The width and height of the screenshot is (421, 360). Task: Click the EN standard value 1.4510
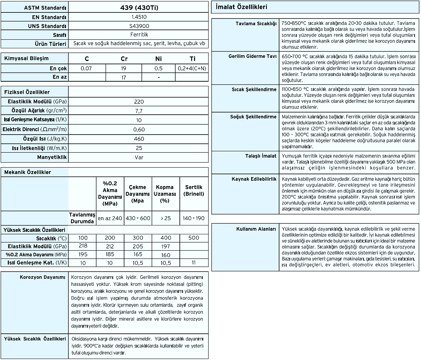tap(139, 17)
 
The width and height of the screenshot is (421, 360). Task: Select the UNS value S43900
tap(139, 26)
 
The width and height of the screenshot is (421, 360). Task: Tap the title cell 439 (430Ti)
tap(139, 7)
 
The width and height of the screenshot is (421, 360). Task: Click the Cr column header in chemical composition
tap(124, 59)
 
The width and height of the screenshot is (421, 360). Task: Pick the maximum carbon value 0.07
tap(86, 68)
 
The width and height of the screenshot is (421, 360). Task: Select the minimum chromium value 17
tap(124, 77)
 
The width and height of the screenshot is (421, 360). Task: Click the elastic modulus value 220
tap(139, 102)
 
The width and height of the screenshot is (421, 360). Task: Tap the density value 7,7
tap(139, 111)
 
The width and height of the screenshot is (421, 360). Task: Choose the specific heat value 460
tap(139, 139)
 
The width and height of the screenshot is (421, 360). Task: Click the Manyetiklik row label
tap(52, 157)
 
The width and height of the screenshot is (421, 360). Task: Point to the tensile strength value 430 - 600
tap(138, 218)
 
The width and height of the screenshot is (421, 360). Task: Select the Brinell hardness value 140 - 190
tap(194, 218)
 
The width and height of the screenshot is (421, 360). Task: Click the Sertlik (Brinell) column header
tap(194, 190)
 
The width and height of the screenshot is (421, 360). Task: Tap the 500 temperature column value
tap(194, 238)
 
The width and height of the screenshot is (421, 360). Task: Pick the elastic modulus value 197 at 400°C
tap(166, 246)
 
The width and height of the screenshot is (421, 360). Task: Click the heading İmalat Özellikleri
tap(239, 7)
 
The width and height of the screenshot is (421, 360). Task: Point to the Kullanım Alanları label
tap(256, 229)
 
